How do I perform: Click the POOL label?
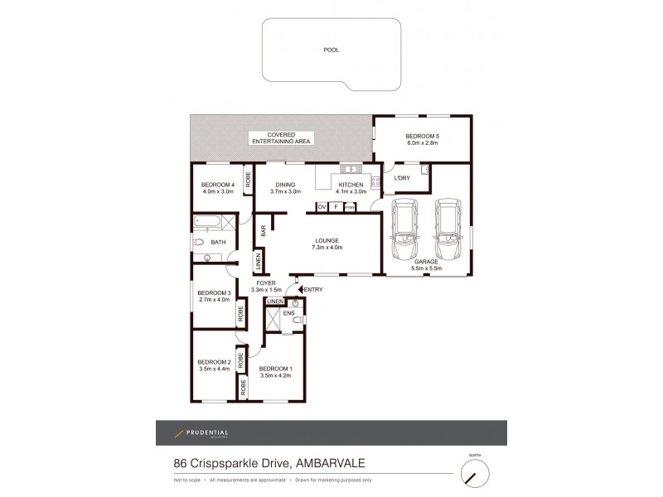(331, 50)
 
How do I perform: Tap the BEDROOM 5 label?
(422, 136)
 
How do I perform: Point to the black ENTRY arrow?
(301, 289)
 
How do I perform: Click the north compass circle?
(476, 473)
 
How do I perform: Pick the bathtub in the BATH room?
(214, 222)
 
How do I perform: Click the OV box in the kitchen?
(322, 206)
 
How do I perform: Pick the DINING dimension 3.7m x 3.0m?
(284, 191)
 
